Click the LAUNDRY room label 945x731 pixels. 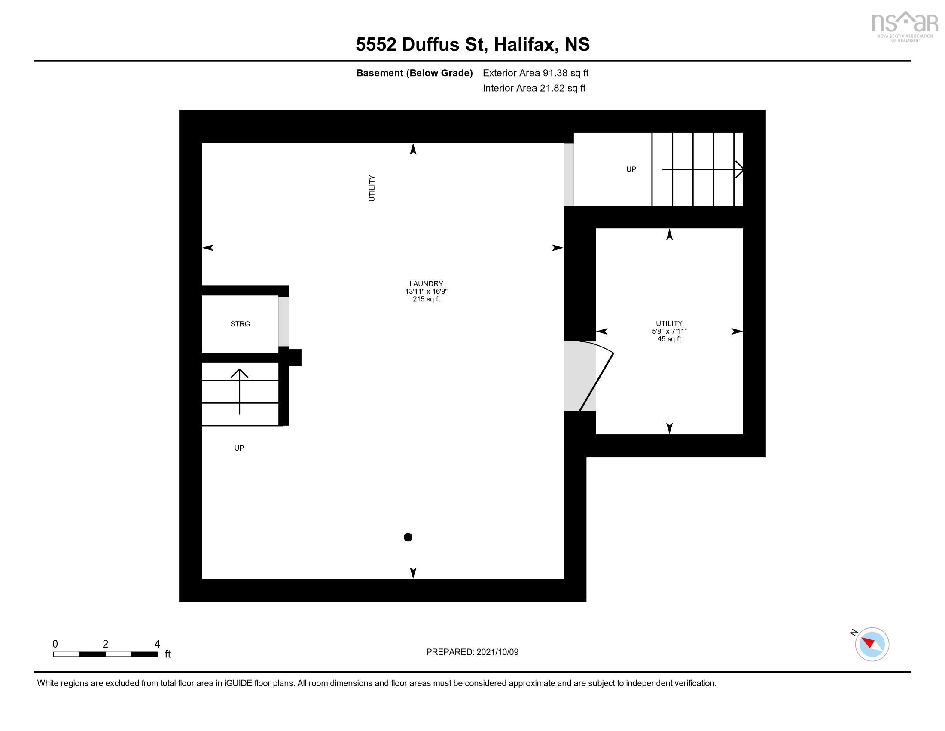(x=426, y=284)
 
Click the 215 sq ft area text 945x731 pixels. (x=426, y=299)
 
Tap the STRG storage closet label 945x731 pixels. (x=240, y=324)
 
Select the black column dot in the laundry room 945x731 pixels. (x=408, y=537)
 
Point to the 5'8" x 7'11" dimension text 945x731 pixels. (x=669, y=331)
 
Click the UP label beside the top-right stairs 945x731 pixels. (x=631, y=169)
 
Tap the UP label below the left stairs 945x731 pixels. (x=239, y=448)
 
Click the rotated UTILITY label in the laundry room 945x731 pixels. (x=372, y=188)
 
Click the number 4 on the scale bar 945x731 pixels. (x=157, y=644)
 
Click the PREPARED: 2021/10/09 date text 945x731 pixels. (x=472, y=652)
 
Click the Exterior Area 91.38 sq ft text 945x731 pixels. (x=535, y=73)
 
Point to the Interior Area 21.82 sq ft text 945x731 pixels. (x=533, y=88)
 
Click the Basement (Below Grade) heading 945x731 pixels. (x=414, y=73)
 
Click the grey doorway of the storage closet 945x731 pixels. (x=283, y=321)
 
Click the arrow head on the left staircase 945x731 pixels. (x=239, y=372)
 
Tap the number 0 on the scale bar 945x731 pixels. (x=55, y=644)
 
